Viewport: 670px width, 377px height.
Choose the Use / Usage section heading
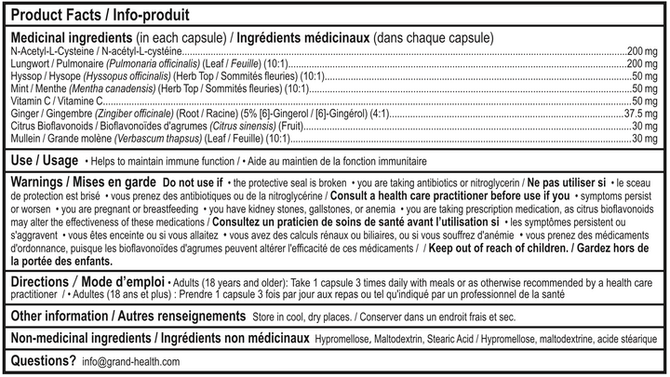[44, 160]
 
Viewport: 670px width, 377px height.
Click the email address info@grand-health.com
[129, 361]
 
